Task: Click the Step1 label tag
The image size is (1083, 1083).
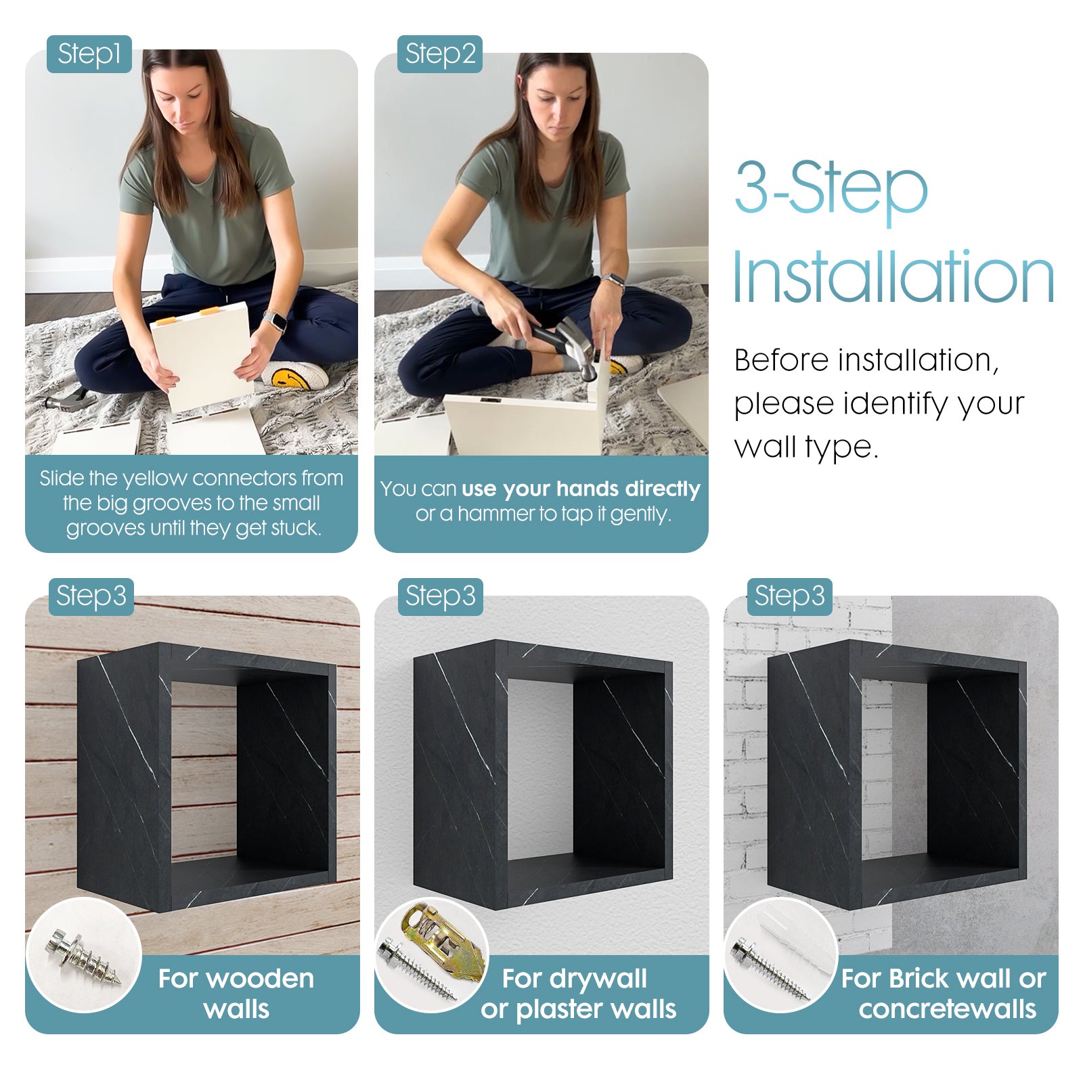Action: (89, 54)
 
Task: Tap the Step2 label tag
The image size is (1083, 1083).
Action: (440, 54)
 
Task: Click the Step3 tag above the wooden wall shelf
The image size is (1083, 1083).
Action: (91, 596)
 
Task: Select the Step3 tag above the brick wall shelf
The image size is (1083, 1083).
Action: (789, 596)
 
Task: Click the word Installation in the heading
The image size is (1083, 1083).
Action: (893, 278)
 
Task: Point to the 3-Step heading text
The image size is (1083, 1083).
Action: (831, 187)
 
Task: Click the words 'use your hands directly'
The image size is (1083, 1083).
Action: (581, 489)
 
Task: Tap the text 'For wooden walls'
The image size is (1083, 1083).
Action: (236, 994)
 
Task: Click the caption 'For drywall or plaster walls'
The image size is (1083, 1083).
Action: (578, 994)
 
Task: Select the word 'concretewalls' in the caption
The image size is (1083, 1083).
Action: (948, 1009)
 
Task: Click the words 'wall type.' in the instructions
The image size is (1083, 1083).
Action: (806, 447)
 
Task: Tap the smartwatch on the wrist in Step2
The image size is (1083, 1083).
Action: (615, 281)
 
